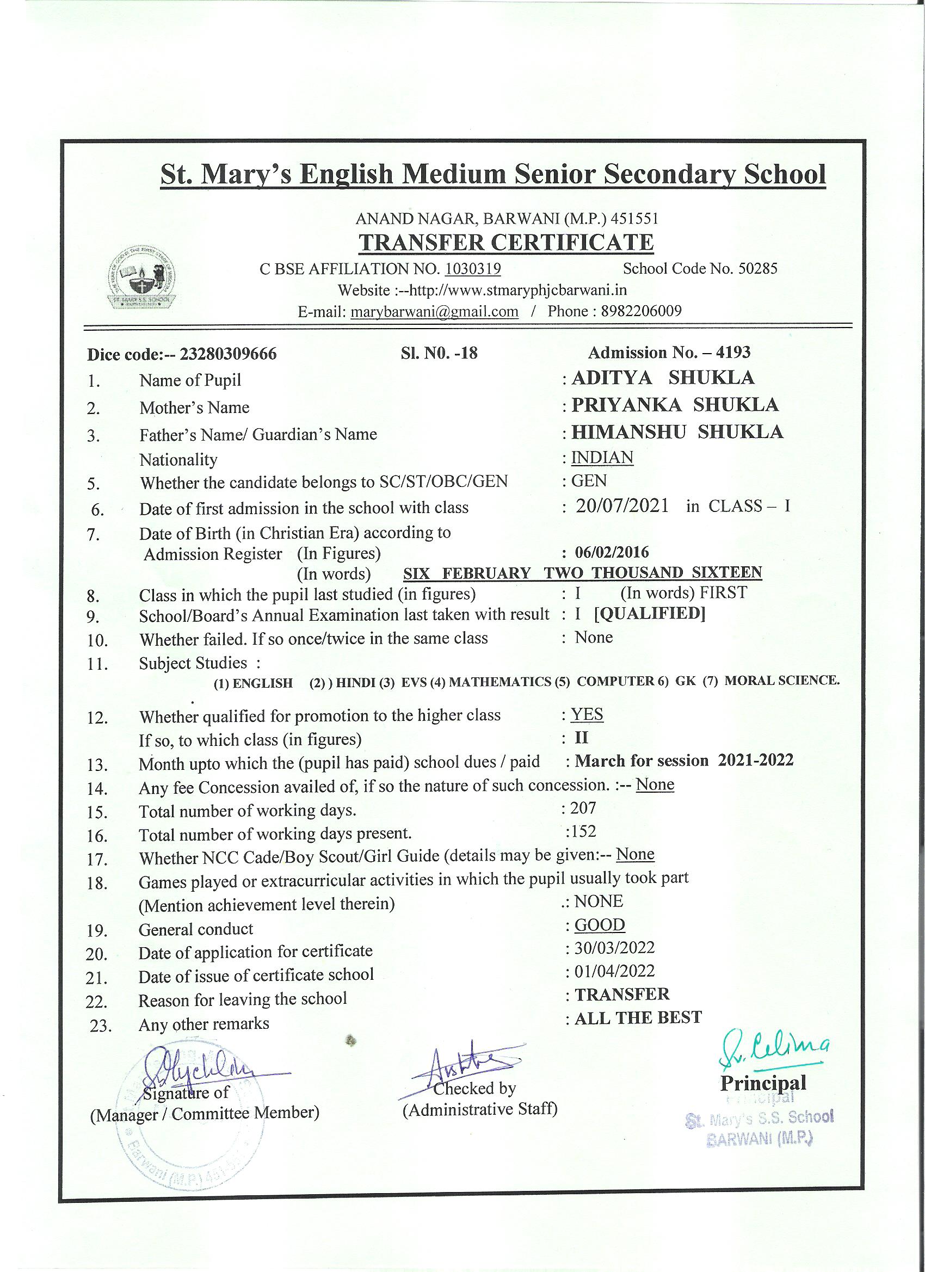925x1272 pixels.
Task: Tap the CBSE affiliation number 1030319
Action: (x=472, y=269)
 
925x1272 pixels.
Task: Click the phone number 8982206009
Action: (x=641, y=311)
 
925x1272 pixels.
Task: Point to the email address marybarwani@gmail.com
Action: (x=434, y=312)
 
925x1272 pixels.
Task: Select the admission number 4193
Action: (x=733, y=352)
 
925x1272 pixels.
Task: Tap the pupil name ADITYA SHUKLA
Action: (x=663, y=378)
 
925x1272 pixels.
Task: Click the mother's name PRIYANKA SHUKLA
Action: (x=675, y=405)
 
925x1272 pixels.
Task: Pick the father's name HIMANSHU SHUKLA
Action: (x=677, y=432)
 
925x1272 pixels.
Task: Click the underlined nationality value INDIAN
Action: (x=602, y=458)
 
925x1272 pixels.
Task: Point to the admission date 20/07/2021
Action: (x=622, y=507)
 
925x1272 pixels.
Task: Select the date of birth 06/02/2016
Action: (x=612, y=552)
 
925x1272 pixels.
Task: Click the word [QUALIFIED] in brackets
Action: (x=650, y=614)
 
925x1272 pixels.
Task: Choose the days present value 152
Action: (x=583, y=831)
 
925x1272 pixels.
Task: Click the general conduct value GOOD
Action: (x=600, y=925)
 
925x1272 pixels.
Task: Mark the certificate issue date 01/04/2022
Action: (x=614, y=971)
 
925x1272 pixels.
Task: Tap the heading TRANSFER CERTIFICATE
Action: (x=506, y=242)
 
